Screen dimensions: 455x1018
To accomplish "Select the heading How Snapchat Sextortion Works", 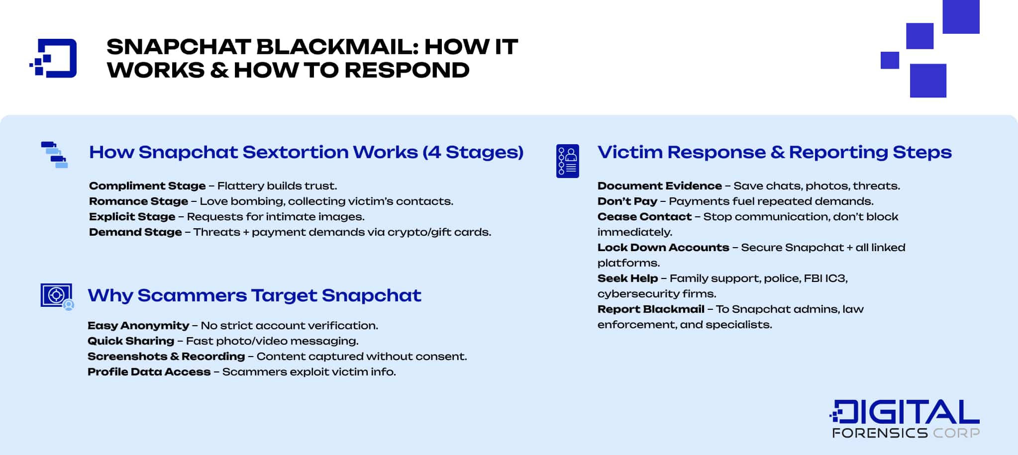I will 306,152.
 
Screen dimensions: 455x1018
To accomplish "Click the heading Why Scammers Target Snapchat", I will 254,295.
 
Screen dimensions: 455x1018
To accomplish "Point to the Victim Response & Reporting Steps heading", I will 774,152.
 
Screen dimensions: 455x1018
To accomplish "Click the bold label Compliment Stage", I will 147,186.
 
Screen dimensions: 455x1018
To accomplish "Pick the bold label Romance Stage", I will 138,201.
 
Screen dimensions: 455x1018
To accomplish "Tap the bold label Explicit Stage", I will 132,217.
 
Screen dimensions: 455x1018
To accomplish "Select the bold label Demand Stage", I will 135,232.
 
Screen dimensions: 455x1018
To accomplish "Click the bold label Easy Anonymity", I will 138,326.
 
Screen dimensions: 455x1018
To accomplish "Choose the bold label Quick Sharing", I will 131,341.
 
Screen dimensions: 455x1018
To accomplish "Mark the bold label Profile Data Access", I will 149,372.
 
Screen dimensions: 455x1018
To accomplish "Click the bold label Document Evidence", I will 659,186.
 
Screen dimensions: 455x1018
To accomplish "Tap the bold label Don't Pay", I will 627,201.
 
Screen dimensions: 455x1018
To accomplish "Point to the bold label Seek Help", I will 627,278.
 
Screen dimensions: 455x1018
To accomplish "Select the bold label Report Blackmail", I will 651,309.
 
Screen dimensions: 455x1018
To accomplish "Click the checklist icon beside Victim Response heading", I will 568,161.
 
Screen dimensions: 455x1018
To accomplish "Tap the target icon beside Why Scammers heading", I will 57,296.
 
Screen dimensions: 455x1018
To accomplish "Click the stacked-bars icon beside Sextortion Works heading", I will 55,155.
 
